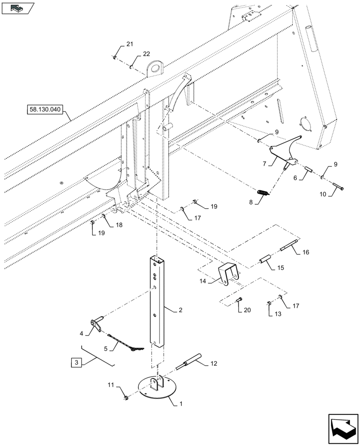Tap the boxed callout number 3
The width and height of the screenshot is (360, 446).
[x=76, y=363]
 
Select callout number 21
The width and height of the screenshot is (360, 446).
[x=130, y=44]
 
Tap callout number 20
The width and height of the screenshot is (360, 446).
[x=247, y=310]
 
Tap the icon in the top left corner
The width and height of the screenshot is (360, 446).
[x=17, y=8]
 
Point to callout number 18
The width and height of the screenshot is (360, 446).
[x=119, y=225]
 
